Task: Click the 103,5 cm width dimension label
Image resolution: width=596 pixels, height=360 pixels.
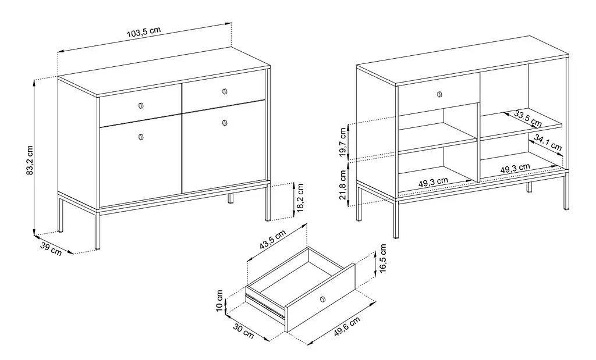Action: pos(144,32)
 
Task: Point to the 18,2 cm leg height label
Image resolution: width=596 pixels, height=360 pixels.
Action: pos(300,198)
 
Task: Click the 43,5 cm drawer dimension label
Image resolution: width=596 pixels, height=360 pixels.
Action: pos(272,240)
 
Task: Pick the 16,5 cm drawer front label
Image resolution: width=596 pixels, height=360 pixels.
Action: pos(382,258)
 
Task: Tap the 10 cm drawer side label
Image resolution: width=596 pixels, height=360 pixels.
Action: pos(219,301)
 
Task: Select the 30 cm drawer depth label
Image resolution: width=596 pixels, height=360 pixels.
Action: pos(243,331)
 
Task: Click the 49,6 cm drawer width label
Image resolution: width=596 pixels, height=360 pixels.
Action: pos(347,327)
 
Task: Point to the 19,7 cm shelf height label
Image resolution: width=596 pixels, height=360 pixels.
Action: pos(343,142)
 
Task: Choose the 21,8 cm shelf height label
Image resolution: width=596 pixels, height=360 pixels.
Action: pos(343,184)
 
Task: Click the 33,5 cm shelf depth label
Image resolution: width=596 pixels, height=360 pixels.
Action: pos(528,118)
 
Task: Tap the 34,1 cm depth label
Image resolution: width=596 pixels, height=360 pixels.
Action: pos(548,143)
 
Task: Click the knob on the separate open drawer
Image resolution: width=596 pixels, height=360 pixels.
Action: pos(323,300)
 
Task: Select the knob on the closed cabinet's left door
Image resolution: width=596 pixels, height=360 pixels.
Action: pos(141,137)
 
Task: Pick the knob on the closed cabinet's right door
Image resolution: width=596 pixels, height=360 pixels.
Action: pos(225,123)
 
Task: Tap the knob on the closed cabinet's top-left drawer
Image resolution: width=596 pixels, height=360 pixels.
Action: pos(141,106)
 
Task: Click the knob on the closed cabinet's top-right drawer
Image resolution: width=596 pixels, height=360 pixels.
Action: pos(225,91)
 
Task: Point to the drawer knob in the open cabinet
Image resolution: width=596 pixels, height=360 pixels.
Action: pos(440,94)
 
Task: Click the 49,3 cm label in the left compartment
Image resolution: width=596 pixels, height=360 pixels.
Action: pos(433,182)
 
